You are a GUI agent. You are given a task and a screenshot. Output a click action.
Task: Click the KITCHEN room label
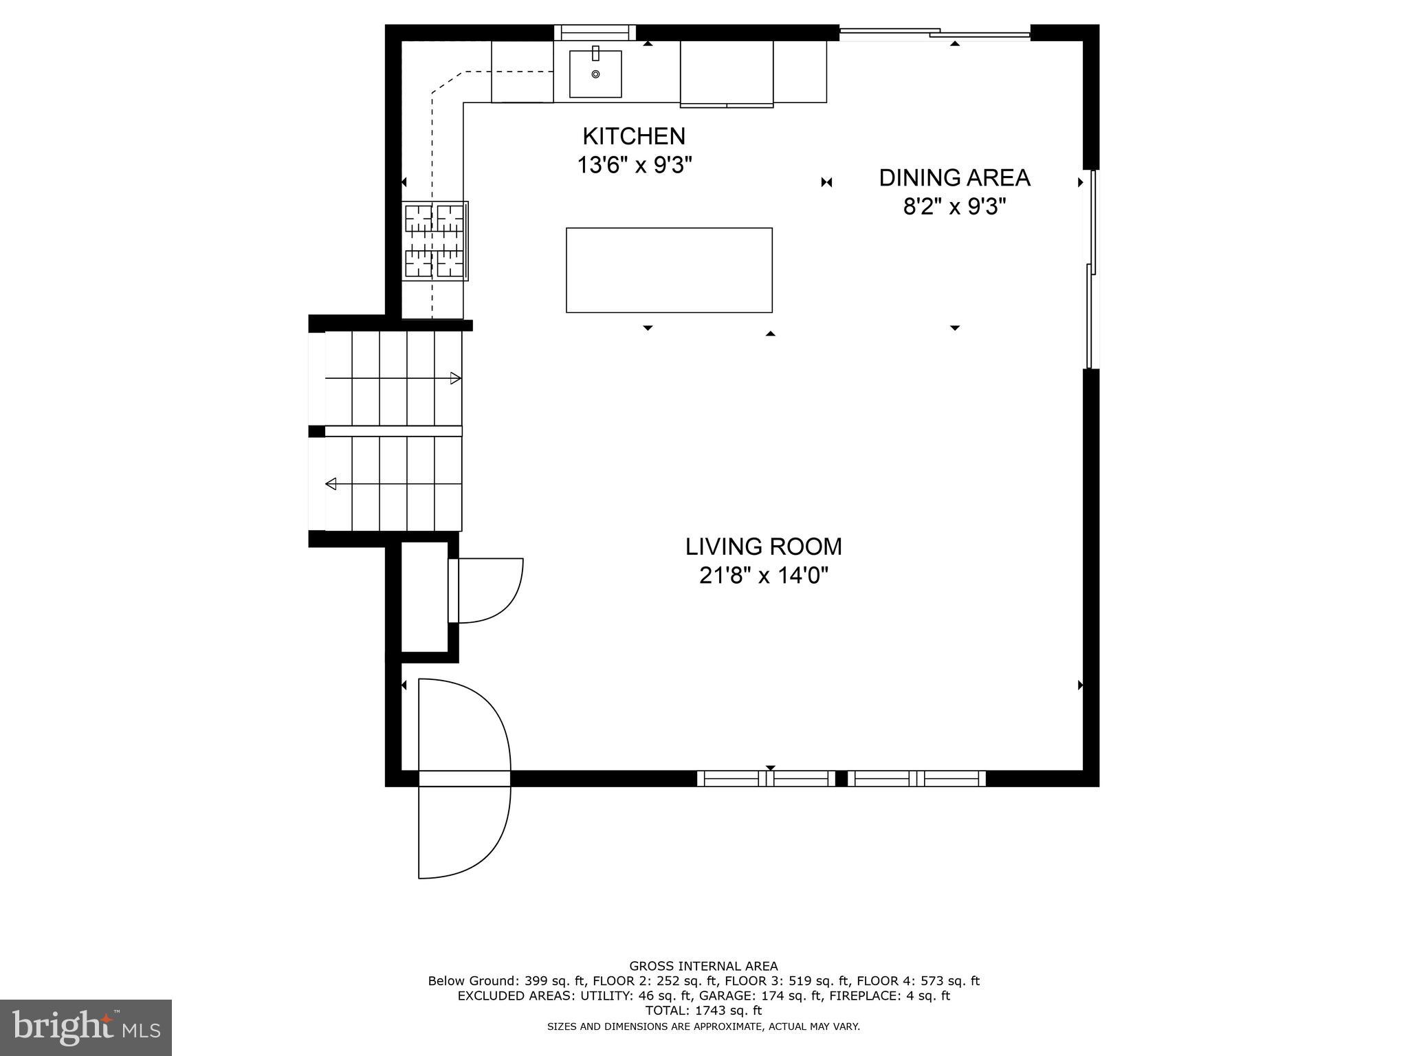click(633, 136)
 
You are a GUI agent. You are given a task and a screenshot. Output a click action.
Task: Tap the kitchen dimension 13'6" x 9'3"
click(633, 166)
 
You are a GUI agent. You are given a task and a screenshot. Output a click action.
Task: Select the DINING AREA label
click(954, 177)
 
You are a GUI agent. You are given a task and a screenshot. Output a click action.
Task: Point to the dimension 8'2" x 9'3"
click(954, 206)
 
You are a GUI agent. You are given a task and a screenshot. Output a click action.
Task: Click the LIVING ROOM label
click(763, 547)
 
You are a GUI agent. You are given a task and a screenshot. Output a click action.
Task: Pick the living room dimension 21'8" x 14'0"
click(763, 575)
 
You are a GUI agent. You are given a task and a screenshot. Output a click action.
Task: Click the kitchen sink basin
click(595, 74)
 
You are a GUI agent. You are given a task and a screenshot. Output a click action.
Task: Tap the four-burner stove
click(436, 241)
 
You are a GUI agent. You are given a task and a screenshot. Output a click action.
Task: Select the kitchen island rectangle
click(669, 270)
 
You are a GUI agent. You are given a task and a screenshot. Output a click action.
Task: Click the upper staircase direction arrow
click(455, 377)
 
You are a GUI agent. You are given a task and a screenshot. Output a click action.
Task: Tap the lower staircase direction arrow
click(331, 484)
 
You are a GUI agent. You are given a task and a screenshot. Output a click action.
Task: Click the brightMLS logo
click(85, 1027)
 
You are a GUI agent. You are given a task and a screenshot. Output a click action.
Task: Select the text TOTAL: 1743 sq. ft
click(703, 1011)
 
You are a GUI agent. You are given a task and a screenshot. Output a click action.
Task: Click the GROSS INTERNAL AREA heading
click(703, 966)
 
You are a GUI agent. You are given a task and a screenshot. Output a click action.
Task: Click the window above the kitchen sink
click(595, 32)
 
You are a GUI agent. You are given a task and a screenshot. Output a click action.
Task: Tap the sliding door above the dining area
click(935, 32)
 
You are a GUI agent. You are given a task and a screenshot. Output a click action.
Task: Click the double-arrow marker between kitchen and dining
click(826, 182)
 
